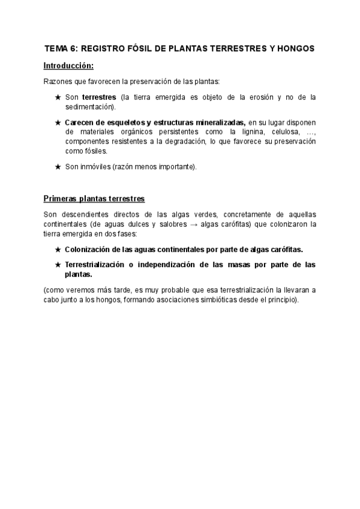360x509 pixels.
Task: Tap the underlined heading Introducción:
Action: (x=68, y=65)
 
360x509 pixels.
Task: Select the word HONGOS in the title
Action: (x=294, y=48)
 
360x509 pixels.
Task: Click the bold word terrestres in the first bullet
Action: (x=99, y=97)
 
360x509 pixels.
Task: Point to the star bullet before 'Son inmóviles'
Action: (x=58, y=167)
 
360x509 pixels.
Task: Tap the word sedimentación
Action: (x=90, y=106)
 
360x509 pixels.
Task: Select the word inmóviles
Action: (x=96, y=167)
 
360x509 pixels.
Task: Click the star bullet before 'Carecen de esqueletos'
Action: (x=58, y=122)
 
